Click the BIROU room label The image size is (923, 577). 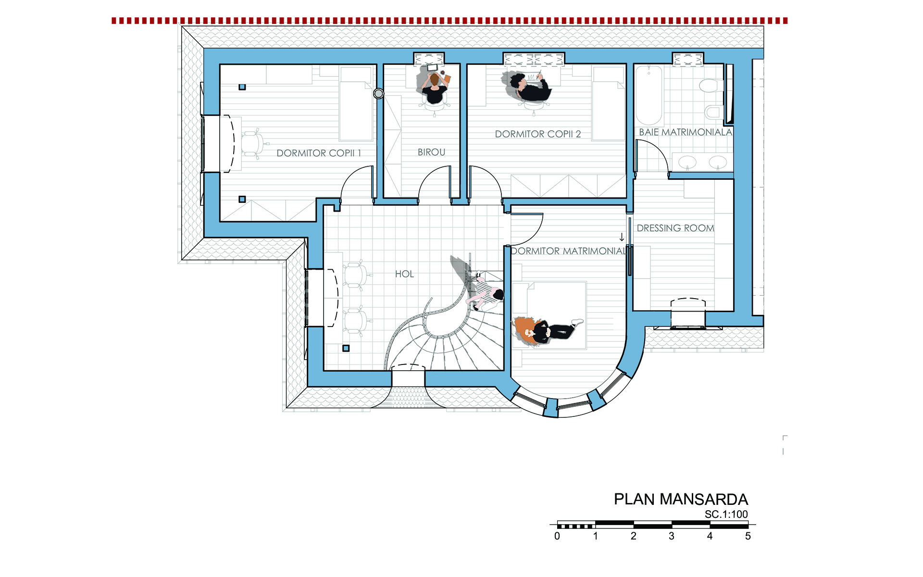[x=431, y=152]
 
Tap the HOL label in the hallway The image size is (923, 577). [x=404, y=274]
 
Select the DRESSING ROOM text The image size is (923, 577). [x=675, y=228]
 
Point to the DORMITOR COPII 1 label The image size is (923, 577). [x=319, y=153]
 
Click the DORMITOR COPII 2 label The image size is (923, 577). [x=538, y=134]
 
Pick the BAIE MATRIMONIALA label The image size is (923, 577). [x=686, y=132]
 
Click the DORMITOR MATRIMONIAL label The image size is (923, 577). [x=569, y=251]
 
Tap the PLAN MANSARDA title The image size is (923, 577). [x=681, y=499]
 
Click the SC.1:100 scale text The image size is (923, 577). [x=726, y=514]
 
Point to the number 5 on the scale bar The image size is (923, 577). [x=748, y=536]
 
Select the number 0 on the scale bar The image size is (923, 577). [x=557, y=536]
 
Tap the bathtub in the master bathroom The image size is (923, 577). [x=649, y=96]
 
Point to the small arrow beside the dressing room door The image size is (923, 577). [x=622, y=237]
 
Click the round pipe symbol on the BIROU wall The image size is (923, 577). [x=379, y=94]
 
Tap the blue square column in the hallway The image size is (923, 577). [x=346, y=348]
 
